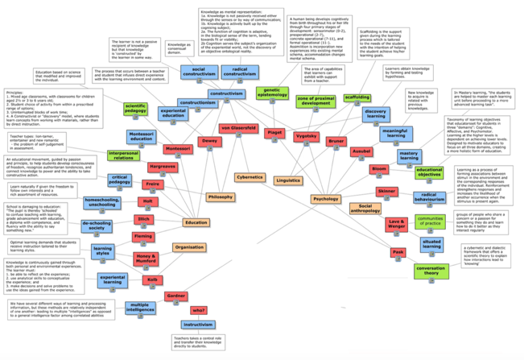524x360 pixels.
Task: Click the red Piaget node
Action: tap(274, 130)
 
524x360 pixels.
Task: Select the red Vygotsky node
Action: tap(306, 137)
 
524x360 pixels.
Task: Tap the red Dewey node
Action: tap(209, 141)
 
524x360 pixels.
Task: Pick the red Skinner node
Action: tap(386, 191)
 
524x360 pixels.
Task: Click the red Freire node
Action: tap(152, 184)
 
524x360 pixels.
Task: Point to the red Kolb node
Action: tap(151, 279)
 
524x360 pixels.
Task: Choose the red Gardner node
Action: tap(175, 296)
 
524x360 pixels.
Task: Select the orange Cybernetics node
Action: tap(250, 176)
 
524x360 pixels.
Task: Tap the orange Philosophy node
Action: tap(220, 197)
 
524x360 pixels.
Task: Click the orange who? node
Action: tap(197, 309)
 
